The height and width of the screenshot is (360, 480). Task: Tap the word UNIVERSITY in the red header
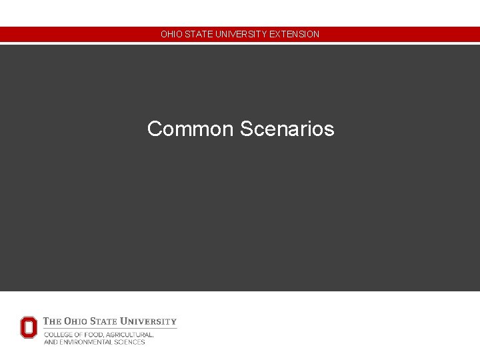(x=239, y=34)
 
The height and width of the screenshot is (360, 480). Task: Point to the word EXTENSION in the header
(x=294, y=34)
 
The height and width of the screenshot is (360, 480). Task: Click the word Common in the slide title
(x=190, y=129)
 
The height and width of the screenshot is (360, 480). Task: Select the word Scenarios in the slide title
(x=287, y=129)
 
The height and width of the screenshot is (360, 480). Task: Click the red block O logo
(x=29, y=327)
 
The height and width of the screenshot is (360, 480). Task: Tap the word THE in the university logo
(x=53, y=321)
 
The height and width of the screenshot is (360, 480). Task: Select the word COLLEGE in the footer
(x=58, y=335)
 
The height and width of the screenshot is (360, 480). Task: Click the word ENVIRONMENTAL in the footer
(x=85, y=342)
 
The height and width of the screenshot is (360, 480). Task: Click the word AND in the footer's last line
(x=50, y=342)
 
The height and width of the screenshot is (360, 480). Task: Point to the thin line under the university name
(x=110, y=328)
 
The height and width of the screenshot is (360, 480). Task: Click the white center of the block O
(x=29, y=327)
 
